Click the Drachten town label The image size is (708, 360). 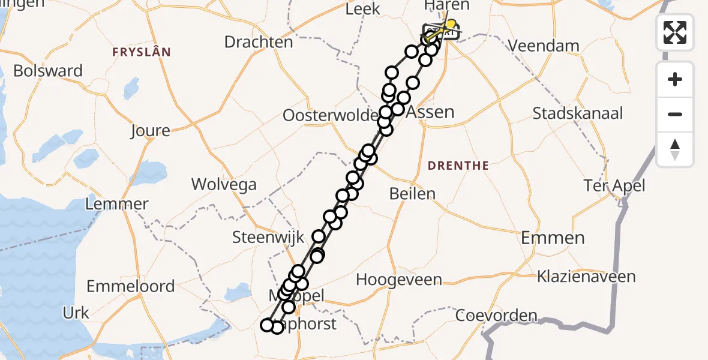[x=259, y=42]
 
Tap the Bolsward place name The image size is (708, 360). [x=48, y=71]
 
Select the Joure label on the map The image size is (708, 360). [x=151, y=130]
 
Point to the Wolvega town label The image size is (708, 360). [x=224, y=184]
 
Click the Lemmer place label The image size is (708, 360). [x=117, y=204]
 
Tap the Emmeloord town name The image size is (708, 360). [x=131, y=286]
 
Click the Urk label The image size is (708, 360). [x=76, y=313]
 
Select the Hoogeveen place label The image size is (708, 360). [x=399, y=280]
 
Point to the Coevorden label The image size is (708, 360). [x=496, y=315]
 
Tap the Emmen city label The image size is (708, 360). [x=553, y=238]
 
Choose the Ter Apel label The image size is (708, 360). [x=615, y=186]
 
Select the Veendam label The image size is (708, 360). [x=544, y=46]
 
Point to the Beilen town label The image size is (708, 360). [x=412, y=194]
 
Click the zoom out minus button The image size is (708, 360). [x=675, y=114]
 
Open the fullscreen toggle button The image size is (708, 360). [x=675, y=32]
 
